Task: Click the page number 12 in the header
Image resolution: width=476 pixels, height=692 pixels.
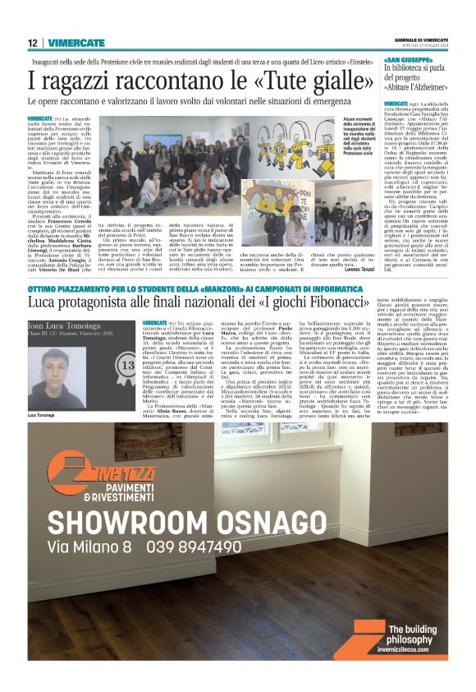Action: (33, 43)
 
